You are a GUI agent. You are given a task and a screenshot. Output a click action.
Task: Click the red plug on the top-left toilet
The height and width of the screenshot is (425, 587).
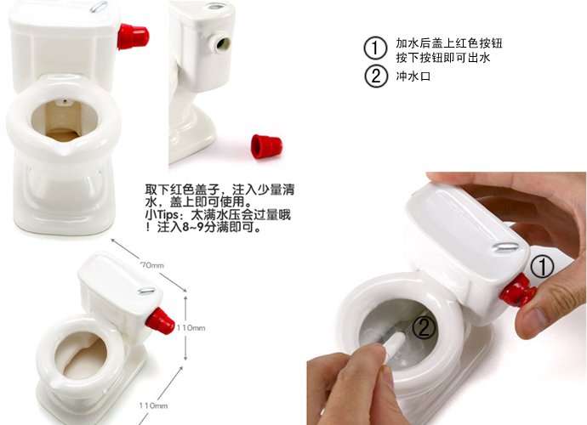coord(133,37)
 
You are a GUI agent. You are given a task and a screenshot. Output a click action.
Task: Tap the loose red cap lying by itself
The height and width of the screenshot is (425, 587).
coord(265,146)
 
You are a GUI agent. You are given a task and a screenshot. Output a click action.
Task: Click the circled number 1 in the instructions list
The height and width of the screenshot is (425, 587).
coord(374,48)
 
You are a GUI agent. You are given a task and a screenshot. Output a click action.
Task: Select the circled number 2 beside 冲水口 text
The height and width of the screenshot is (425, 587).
coord(376,76)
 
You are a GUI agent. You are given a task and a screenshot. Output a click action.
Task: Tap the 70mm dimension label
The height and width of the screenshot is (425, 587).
coord(152,265)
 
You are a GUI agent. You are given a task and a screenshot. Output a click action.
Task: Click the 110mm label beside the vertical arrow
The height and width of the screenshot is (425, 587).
coord(191,328)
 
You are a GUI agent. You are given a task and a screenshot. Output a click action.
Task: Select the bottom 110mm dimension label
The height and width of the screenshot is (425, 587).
coord(153,405)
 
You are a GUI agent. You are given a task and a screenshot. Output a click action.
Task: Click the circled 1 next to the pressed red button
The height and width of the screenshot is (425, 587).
coord(542,267)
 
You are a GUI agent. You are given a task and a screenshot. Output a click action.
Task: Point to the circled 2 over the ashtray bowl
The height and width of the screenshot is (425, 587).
coord(424,328)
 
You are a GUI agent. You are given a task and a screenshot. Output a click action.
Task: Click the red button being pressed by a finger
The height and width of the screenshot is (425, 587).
coord(518,290)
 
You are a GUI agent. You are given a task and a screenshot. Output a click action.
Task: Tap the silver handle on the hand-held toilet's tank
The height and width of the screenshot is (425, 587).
coord(505,246)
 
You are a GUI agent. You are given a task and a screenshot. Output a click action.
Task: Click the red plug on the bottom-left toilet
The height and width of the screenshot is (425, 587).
coord(160,321)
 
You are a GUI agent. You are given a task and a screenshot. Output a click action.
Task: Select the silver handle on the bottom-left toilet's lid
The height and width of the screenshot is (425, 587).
coord(146,291)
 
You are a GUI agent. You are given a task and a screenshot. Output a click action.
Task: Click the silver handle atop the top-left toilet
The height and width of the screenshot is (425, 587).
coord(100,7)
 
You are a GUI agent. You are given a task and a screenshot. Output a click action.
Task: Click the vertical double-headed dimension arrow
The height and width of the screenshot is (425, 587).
coord(185,328)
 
